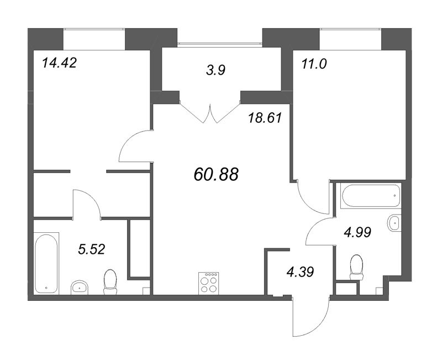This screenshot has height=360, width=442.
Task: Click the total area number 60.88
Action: (216, 175)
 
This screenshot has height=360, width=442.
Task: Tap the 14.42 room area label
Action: (59, 62)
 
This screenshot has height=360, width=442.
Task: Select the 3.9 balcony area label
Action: (215, 71)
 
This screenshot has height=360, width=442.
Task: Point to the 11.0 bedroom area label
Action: (314, 63)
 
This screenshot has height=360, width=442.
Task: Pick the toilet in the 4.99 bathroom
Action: (356, 266)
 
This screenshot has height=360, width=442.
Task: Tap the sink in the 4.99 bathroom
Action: (394, 223)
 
